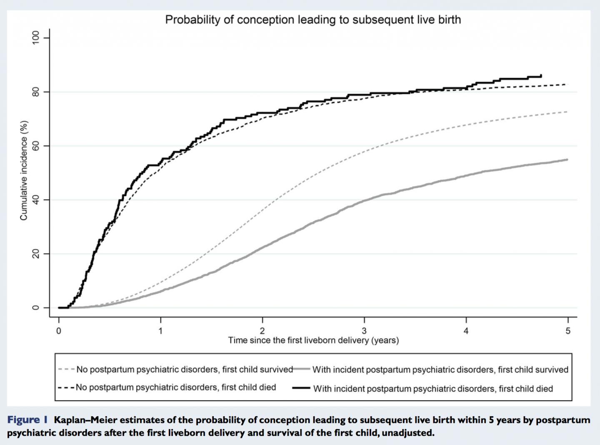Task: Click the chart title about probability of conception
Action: [x=313, y=20]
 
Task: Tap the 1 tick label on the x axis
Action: [x=161, y=331]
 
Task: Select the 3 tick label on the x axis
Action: [x=364, y=331]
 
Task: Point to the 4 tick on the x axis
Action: [x=466, y=331]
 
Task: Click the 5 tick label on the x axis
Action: [x=568, y=331]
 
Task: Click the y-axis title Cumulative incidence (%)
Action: [x=24, y=170]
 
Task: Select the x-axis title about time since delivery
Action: [x=313, y=341]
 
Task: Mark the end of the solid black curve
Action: [x=541, y=75]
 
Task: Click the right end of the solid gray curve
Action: [x=567, y=159]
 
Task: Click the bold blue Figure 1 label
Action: [x=28, y=420]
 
